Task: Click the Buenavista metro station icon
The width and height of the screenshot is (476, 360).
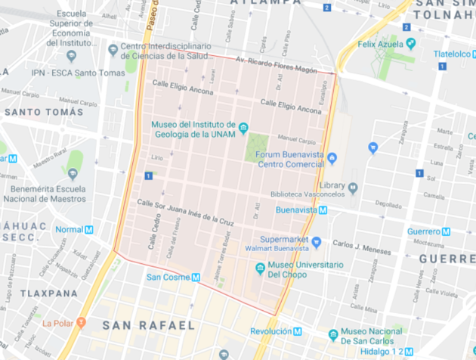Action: click(x=323, y=209)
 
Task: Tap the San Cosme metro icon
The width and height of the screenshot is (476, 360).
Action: click(x=196, y=277)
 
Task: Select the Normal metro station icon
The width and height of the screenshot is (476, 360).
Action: click(x=89, y=230)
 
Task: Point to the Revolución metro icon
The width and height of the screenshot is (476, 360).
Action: click(x=298, y=331)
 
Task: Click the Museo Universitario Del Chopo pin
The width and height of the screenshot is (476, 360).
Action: click(x=260, y=268)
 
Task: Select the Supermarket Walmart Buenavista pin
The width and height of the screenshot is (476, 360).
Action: click(x=317, y=243)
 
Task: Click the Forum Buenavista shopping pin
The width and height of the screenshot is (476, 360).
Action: click(x=330, y=157)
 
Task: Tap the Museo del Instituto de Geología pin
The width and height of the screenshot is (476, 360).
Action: click(x=243, y=126)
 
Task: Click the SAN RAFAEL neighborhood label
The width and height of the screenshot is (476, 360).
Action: click(x=148, y=325)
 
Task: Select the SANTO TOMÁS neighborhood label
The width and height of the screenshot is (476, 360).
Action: click(x=44, y=112)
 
